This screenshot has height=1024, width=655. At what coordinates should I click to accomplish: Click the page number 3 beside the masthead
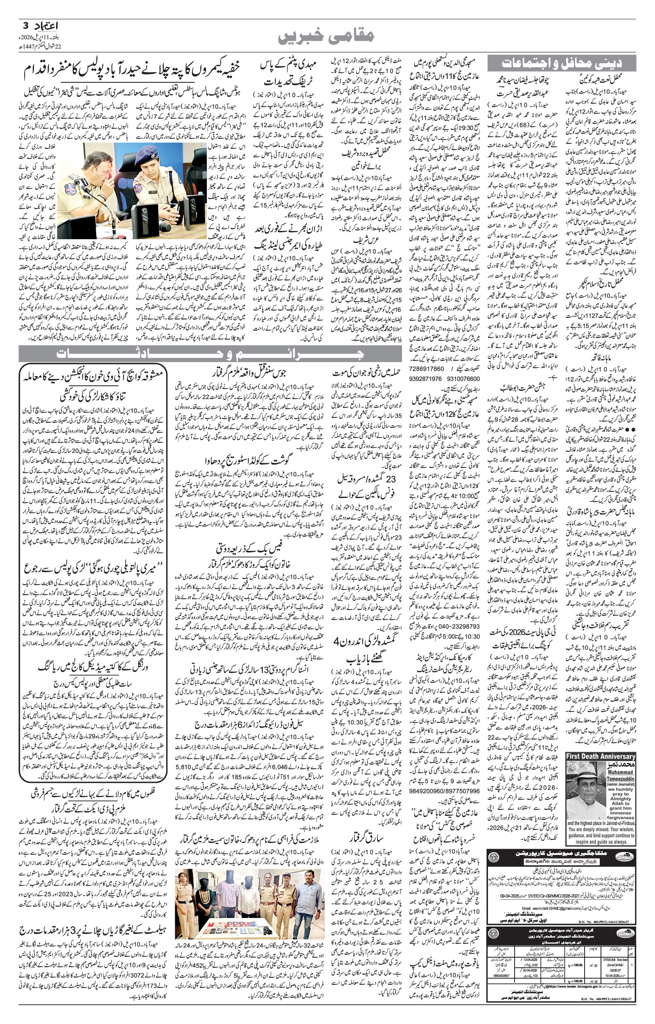(25, 25)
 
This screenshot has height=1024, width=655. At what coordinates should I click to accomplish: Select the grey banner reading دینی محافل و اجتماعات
(561, 63)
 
